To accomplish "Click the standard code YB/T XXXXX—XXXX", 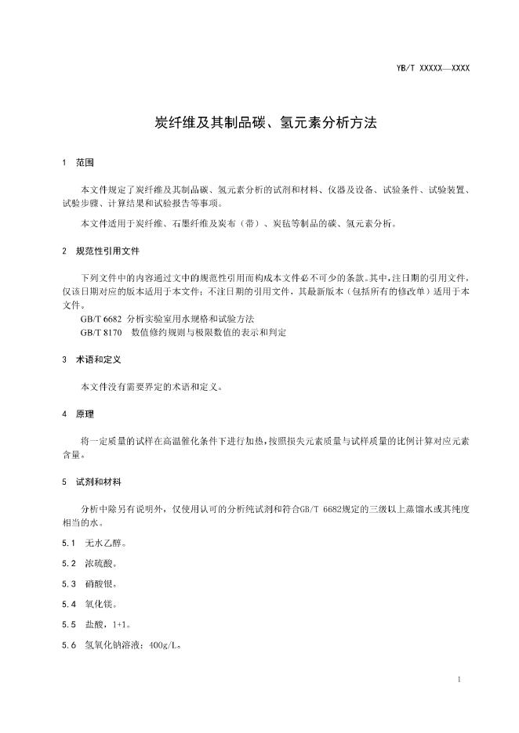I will pyautogui.click(x=434, y=69).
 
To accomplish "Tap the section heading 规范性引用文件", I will pyautogui.click(x=108, y=252).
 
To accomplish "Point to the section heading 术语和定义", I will pyautogui.click(x=97, y=359).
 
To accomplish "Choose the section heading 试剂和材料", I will pyautogui.click(x=97, y=480).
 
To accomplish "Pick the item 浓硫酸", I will pyautogui.click(x=98, y=563).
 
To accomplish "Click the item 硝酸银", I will pyautogui.click(x=98, y=583).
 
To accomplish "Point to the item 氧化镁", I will pyautogui.click(x=98, y=604).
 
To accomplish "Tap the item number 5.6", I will pyautogui.click(x=69, y=645).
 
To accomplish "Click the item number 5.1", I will pyautogui.click(x=69, y=543).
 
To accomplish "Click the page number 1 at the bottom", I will pyautogui.click(x=459, y=679).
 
